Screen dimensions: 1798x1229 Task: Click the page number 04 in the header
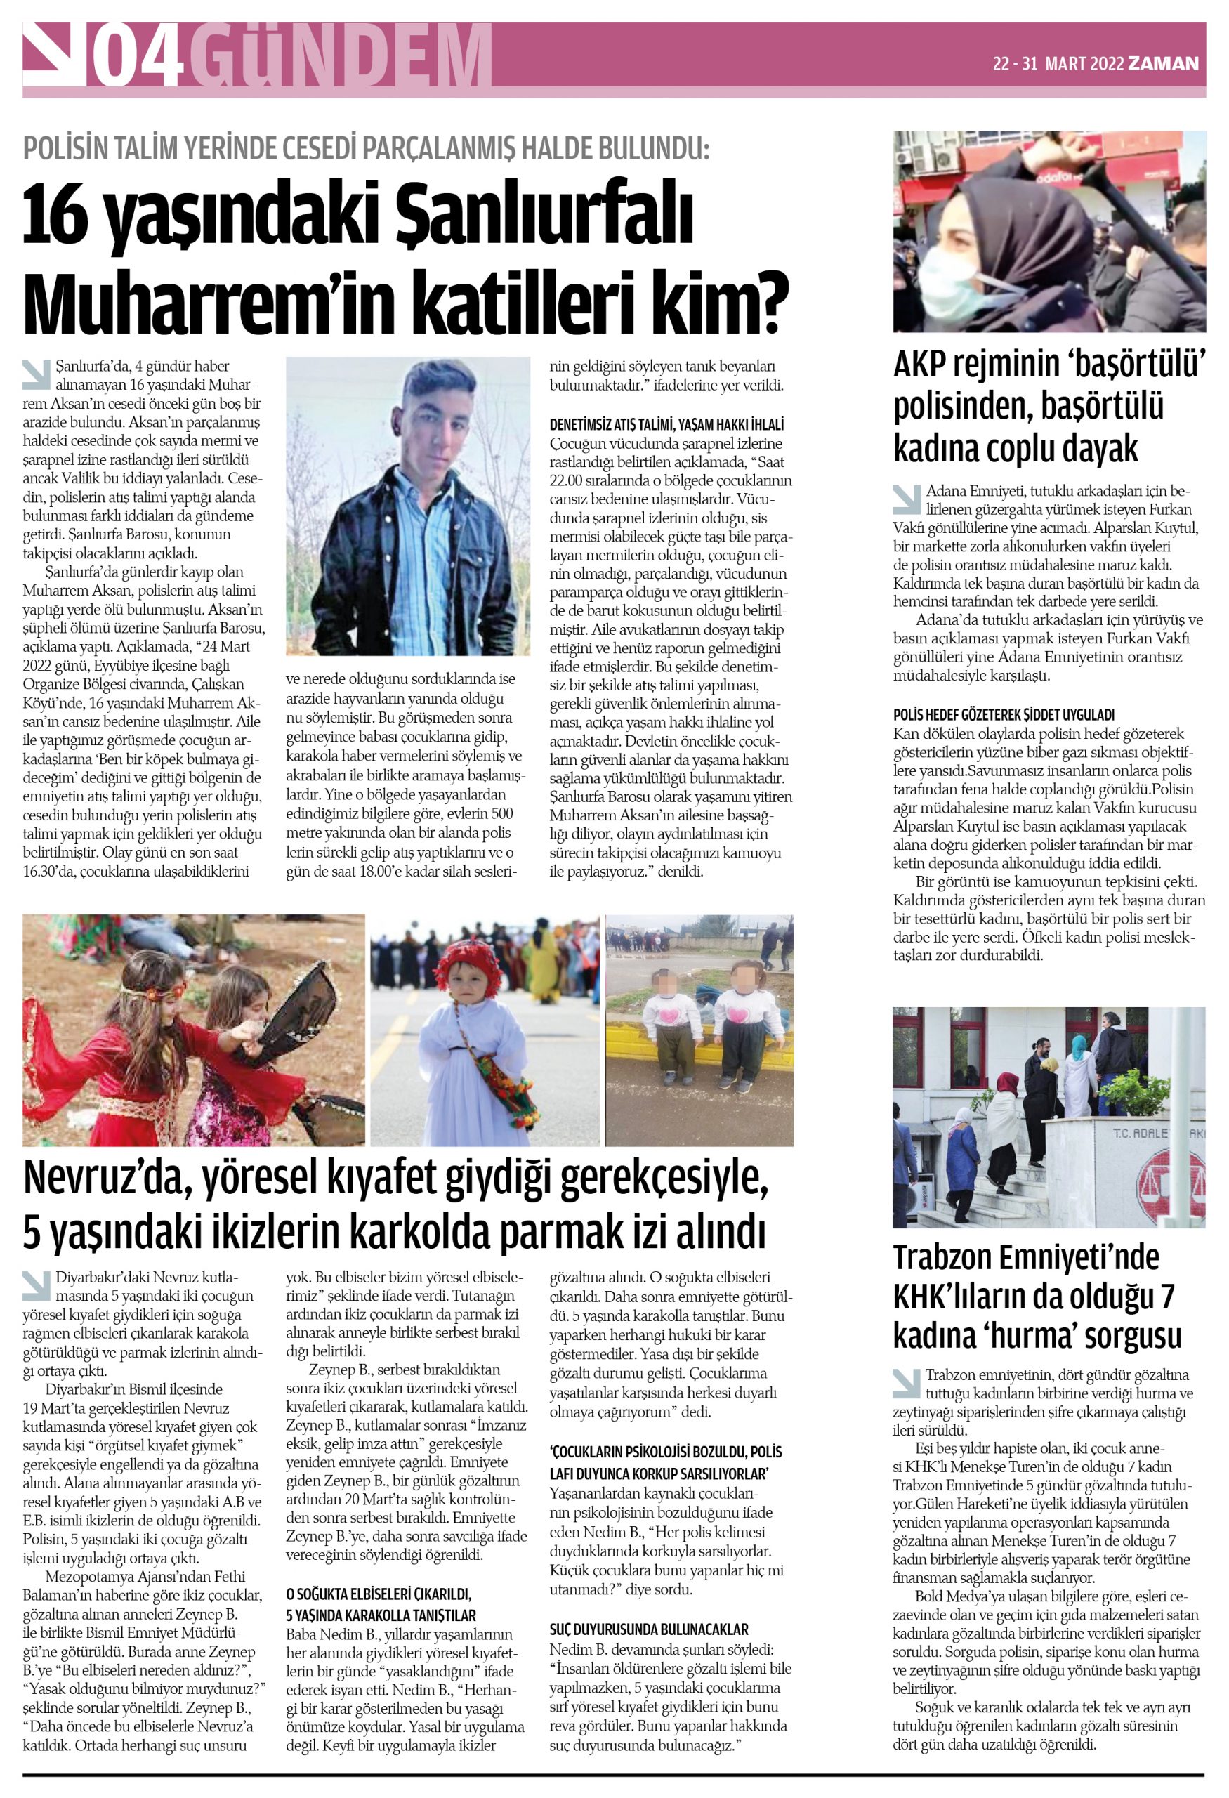(x=138, y=55)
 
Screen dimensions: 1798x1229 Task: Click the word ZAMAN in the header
(x=1163, y=63)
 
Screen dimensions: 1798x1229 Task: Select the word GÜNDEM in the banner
(x=341, y=55)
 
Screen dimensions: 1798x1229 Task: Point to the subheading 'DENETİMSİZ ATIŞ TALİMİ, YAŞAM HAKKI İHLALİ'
(x=666, y=424)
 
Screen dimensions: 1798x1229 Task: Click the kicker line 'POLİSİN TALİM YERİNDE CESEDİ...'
(x=365, y=147)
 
